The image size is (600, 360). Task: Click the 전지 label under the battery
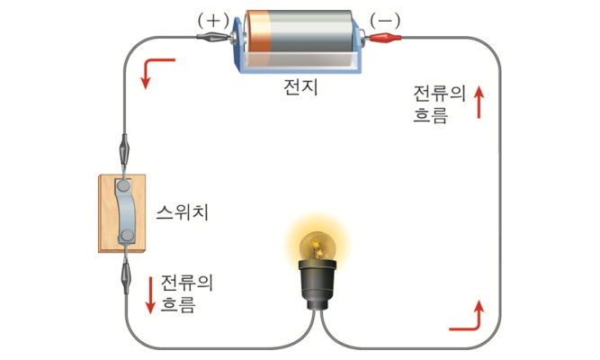(x=300, y=89)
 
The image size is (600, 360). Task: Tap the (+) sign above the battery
(x=213, y=19)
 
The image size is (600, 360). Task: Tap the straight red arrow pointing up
(x=479, y=102)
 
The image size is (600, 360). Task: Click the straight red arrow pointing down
(x=150, y=294)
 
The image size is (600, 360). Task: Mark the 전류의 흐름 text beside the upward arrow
(x=438, y=103)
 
